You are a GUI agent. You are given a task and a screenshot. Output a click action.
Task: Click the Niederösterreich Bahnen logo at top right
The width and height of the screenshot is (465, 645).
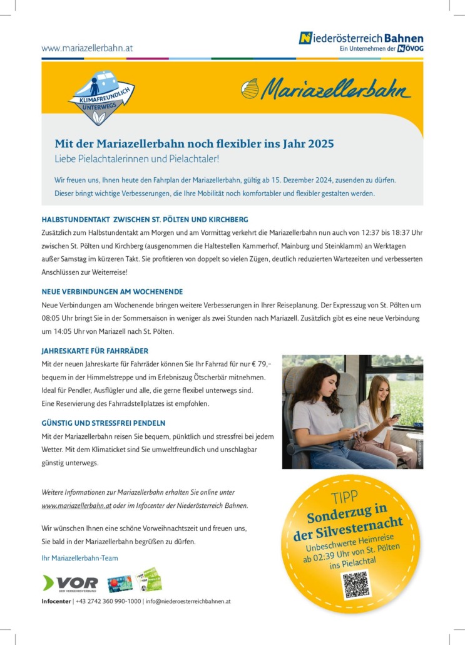tap(361, 42)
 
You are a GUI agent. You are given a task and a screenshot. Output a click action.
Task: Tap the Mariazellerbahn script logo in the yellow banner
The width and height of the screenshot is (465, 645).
tap(326, 90)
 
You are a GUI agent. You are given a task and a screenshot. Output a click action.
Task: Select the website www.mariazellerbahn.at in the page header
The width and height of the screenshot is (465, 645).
tap(87, 48)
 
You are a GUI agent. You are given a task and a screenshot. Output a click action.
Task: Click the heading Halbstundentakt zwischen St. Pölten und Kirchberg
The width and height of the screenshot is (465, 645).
tap(145, 220)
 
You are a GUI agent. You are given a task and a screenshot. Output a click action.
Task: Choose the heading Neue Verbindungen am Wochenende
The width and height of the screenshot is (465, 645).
tap(112, 292)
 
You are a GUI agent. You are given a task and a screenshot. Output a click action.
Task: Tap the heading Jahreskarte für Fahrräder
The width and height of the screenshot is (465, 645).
tap(95, 351)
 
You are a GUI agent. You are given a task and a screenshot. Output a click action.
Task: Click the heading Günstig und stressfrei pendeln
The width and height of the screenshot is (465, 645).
tap(103, 423)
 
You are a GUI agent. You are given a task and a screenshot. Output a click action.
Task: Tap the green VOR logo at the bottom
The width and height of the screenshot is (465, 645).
tap(70, 584)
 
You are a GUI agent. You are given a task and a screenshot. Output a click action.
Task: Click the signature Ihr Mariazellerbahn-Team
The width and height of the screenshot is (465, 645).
tap(79, 558)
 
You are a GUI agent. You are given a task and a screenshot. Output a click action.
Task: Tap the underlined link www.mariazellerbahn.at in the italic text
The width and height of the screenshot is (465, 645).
tap(76, 505)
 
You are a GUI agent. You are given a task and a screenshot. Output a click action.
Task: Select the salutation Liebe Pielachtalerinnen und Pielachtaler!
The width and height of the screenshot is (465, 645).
tap(136, 158)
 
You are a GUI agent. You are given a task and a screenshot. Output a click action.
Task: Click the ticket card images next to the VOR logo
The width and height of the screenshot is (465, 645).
tap(135, 580)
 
